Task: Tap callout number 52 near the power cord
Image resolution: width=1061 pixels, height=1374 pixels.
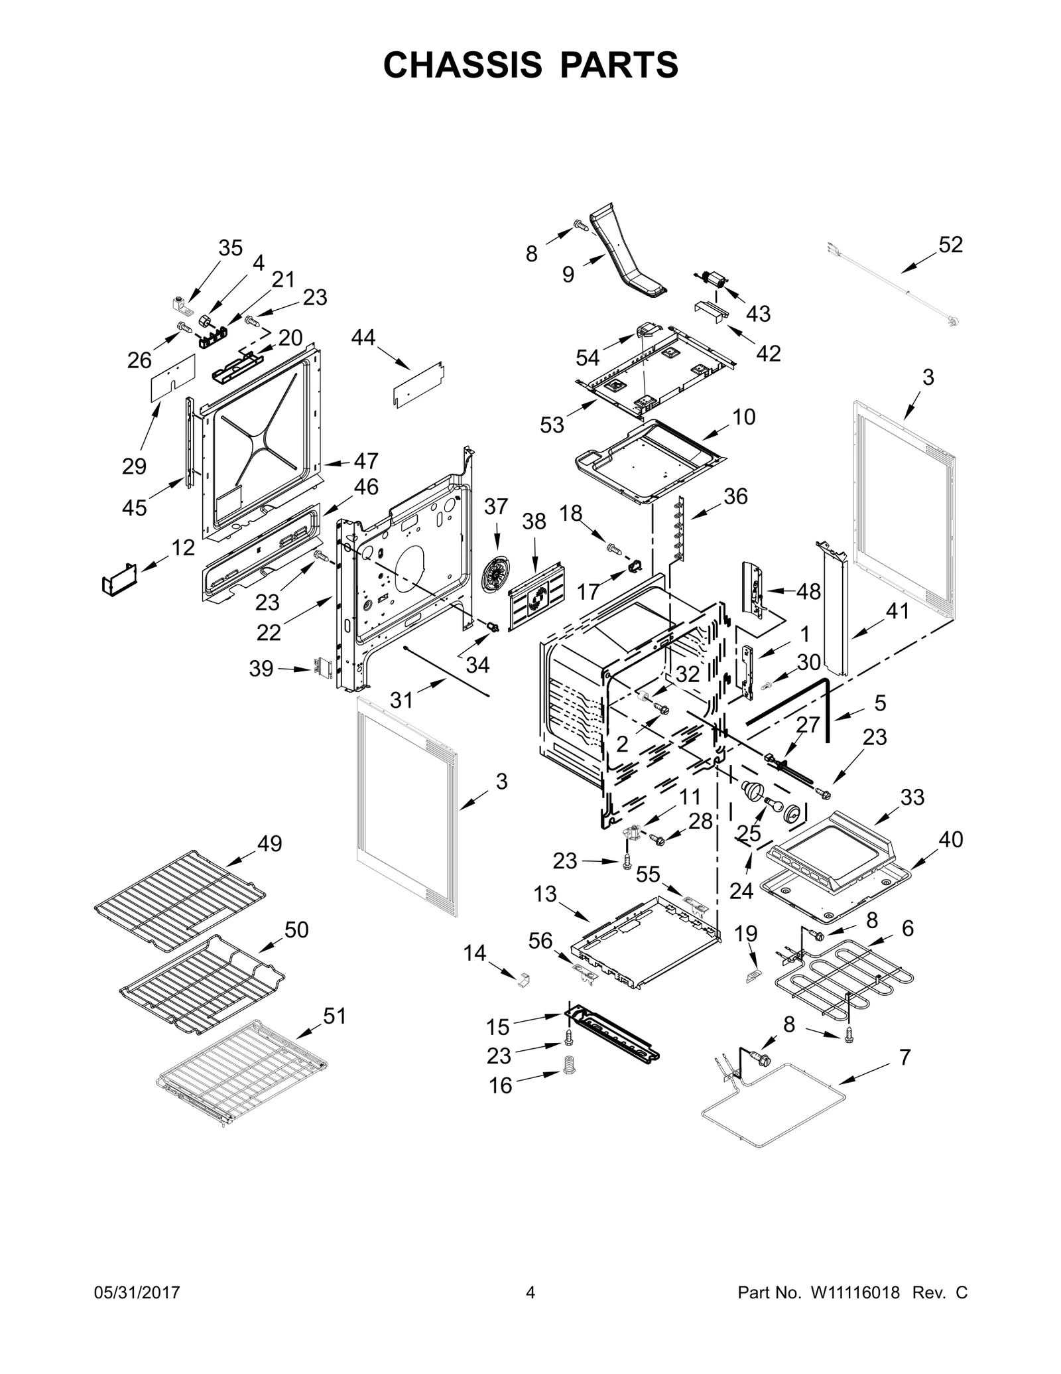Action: (x=950, y=245)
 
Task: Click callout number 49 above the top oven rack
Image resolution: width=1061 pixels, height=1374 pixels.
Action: (x=270, y=844)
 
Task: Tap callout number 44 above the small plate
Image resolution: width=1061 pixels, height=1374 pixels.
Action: (x=363, y=338)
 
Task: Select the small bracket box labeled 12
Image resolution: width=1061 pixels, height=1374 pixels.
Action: (x=119, y=577)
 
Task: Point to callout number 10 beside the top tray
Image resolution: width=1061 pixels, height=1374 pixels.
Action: (x=744, y=417)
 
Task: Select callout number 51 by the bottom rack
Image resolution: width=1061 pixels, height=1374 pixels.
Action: (x=335, y=1016)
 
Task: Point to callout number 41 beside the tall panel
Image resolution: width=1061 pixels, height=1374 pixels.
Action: (x=897, y=611)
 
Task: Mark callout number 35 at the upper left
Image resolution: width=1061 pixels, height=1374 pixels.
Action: (x=230, y=248)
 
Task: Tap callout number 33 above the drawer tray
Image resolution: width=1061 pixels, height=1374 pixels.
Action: (x=912, y=797)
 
